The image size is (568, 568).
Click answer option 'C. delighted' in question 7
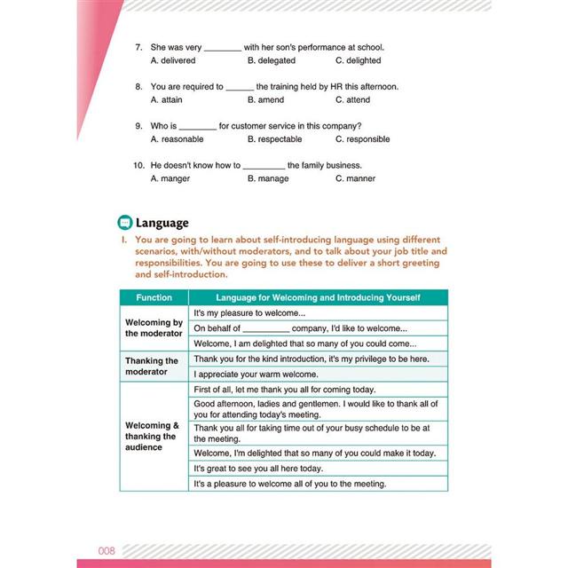pyautogui.click(x=358, y=60)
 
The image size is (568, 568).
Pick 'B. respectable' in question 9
pyautogui.click(x=274, y=139)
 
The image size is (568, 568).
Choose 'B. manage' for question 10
pyautogui.click(x=268, y=178)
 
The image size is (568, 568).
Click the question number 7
pyautogui.click(x=138, y=47)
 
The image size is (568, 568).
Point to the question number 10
pyautogui.click(x=138, y=165)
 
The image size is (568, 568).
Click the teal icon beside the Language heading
pyautogui.click(x=125, y=223)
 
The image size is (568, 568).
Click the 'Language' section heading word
pyautogui.click(x=162, y=223)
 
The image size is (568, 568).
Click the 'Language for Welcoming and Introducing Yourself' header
pyautogui.click(x=319, y=297)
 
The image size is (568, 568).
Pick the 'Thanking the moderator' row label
pyautogui.click(x=153, y=366)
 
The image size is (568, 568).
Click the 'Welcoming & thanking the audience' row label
pyautogui.click(x=153, y=436)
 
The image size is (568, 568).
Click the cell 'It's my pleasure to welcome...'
pyautogui.click(x=249, y=312)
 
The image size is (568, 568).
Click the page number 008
pyautogui.click(x=107, y=550)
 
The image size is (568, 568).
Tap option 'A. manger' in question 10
pyautogui.click(x=175, y=178)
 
